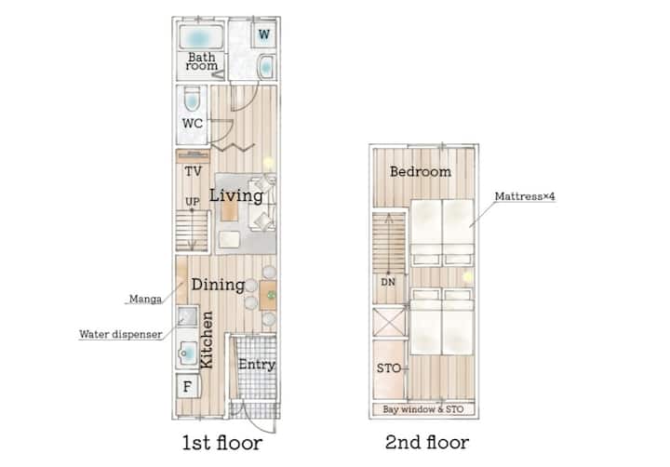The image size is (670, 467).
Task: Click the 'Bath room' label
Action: (202, 61)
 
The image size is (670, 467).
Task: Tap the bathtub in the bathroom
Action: (201, 37)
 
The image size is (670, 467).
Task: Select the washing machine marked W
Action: (264, 34)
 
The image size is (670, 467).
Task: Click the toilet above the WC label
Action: (192, 100)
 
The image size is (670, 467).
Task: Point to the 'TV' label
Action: (194, 172)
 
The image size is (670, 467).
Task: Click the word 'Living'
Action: (235, 195)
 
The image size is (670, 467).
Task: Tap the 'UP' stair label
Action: (193, 202)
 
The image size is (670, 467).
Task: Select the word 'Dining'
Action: (218, 285)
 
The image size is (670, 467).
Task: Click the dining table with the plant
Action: (268, 295)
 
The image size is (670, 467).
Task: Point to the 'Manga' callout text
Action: (145, 300)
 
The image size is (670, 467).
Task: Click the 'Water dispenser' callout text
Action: (121, 334)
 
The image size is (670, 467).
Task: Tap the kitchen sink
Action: (187, 354)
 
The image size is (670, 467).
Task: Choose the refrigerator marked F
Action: (187, 386)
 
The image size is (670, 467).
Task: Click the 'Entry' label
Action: (257, 365)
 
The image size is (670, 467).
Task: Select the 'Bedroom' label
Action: (421, 172)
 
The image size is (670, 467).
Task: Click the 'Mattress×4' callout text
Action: (525, 196)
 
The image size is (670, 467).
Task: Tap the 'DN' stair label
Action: (388, 283)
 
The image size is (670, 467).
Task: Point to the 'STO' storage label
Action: (388, 368)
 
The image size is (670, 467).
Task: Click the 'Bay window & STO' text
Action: (423, 409)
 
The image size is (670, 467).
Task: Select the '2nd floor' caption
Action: (427, 443)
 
